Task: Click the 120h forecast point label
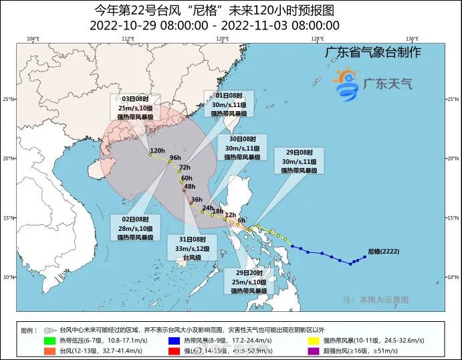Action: click(157, 150)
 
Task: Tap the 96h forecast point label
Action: click(175, 157)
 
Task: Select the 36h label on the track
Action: click(197, 199)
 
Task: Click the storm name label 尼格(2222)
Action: click(384, 252)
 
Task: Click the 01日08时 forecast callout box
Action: click(229, 104)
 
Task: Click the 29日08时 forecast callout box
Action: click(300, 161)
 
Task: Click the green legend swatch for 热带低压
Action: click(49, 341)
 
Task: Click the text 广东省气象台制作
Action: click(372, 53)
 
